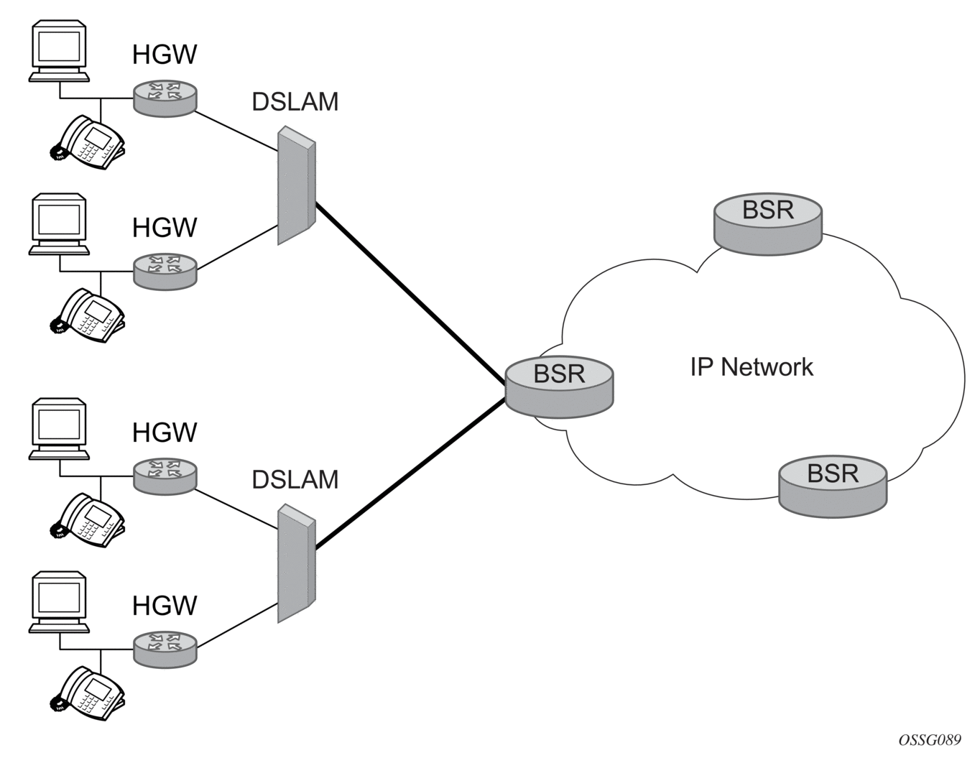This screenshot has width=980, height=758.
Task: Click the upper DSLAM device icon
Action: click(x=296, y=185)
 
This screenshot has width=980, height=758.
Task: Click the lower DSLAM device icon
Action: click(x=296, y=563)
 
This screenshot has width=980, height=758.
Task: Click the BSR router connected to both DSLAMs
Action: click(x=559, y=386)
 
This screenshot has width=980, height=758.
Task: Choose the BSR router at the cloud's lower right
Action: click(x=833, y=485)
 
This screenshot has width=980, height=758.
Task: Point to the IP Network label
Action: click(x=752, y=367)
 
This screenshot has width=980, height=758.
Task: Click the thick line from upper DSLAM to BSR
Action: click(x=410, y=293)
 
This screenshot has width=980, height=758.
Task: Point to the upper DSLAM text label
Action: click(x=295, y=102)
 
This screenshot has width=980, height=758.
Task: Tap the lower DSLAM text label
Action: click(x=295, y=479)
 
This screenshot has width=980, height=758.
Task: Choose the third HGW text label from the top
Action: click(x=165, y=433)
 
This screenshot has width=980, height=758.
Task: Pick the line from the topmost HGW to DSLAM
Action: click(x=236, y=131)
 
